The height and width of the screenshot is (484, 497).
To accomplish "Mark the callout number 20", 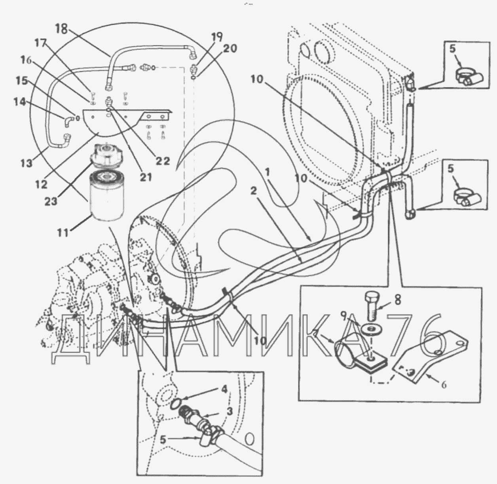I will [230, 49].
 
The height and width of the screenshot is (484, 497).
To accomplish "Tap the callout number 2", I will [253, 190].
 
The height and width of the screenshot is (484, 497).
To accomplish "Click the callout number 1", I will [268, 172].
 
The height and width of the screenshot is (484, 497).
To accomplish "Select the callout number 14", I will [19, 102].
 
